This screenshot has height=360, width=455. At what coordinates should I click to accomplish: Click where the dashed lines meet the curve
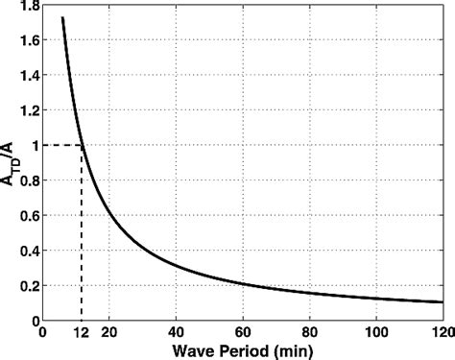click(x=82, y=145)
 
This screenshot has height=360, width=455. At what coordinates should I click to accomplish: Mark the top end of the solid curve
click(x=62, y=18)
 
